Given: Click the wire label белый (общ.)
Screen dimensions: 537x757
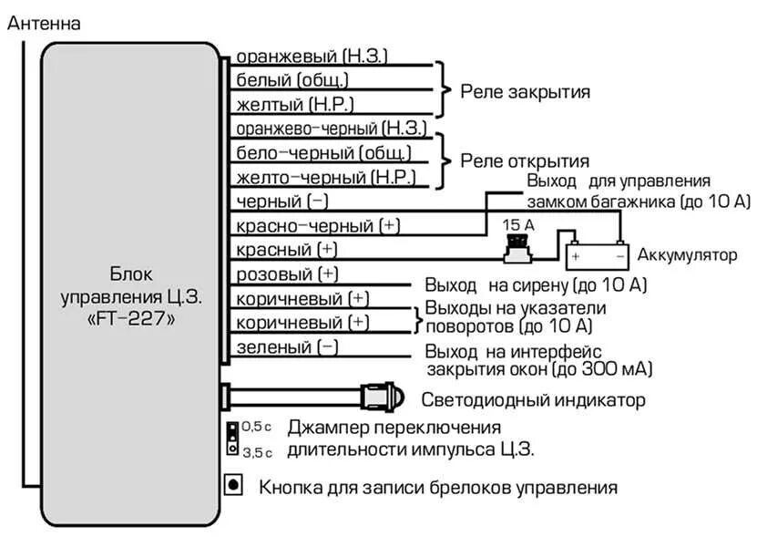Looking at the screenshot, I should point(296,80).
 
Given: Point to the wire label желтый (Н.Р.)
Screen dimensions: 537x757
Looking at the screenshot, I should point(295,104).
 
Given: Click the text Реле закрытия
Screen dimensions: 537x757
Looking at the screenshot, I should point(525,92).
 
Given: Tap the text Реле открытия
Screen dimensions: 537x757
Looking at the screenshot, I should point(524,161).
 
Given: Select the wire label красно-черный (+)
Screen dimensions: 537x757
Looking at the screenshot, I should point(318,225).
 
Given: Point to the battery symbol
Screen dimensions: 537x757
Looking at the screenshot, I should point(596,256).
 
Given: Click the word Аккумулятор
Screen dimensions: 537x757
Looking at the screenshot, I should point(687,255).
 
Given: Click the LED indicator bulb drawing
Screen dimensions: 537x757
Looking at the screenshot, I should point(382,398).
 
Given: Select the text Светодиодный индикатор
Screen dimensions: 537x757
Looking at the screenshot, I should point(533,400).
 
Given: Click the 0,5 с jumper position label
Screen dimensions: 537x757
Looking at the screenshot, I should point(258,427).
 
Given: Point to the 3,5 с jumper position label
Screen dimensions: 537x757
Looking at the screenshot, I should point(258,451).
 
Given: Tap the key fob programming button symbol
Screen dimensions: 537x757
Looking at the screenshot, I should point(234,484).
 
